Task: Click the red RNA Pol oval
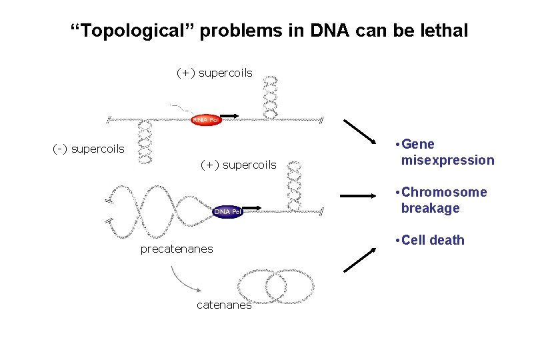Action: (x=205, y=120)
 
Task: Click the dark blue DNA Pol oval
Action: (x=228, y=211)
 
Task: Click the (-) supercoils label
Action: (x=88, y=149)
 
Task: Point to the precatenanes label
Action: (x=177, y=249)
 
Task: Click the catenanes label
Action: (x=224, y=305)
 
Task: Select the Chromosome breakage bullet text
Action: (x=443, y=200)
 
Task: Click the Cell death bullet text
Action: (x=432, y=240)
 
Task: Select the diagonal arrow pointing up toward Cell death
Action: (x=359, y=258)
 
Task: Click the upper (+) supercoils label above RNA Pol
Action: (x=214, y=73)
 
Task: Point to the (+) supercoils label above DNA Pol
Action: (x=238, y=165)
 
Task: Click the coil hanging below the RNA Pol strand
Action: (x=145, y=142)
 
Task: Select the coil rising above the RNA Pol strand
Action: (x=270, y=97)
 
